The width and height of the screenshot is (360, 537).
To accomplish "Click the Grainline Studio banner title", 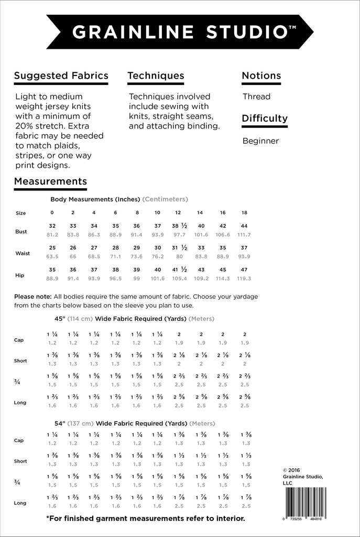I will pos(180,33).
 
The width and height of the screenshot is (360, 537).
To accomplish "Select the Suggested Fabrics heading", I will pos(61,76).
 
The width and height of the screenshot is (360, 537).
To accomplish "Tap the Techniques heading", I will pos(156,76).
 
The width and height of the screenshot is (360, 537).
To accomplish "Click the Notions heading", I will pos(261,76).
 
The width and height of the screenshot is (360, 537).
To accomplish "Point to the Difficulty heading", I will pos(265,119).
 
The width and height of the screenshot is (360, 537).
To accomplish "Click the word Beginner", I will pos(260,141).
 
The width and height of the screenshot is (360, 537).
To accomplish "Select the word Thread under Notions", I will pos(256,96).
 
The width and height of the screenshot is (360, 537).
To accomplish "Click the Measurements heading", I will pos(50,181).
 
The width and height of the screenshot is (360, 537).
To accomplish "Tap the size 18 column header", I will pos(244,213).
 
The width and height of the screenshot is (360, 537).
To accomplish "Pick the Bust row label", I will pos(21,231).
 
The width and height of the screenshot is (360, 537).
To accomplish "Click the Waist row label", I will pos(23,253).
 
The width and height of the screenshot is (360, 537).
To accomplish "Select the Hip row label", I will pos(20,275).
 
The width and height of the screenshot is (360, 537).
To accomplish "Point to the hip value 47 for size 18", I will pos(244,269).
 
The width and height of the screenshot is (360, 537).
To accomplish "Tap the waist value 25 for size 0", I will pos(52,248).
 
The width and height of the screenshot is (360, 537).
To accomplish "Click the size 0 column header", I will pos(52,213).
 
